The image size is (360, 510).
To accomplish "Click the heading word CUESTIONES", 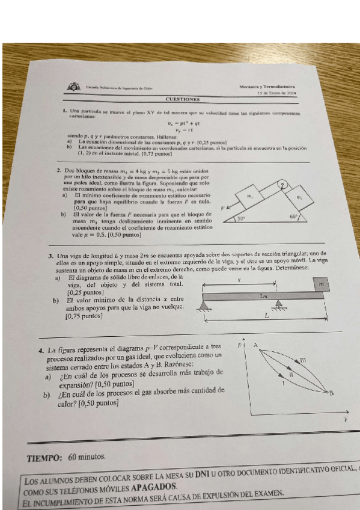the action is click(x=183, y=99).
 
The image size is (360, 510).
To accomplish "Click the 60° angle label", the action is click(x=293, y=217).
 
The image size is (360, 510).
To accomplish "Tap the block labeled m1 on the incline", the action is click(x=249, y=197).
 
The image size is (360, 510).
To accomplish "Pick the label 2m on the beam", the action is click(x=263, y=296).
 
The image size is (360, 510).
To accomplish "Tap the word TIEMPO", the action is click(x=44, y=457).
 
